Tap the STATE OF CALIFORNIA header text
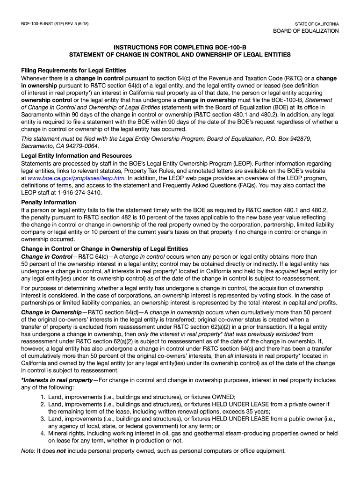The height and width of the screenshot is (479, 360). tap(317, 24)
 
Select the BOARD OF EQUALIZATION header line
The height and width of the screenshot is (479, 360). tap(306, 31)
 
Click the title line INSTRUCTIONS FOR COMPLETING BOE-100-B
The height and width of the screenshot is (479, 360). tap(180, 47)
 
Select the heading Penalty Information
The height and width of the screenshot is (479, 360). tap(49, 203)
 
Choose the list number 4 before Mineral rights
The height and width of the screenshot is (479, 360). tap(43, 434)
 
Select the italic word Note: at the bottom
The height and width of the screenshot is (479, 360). tap(29, 451)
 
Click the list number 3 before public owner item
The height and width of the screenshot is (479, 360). tap(43, 419)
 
